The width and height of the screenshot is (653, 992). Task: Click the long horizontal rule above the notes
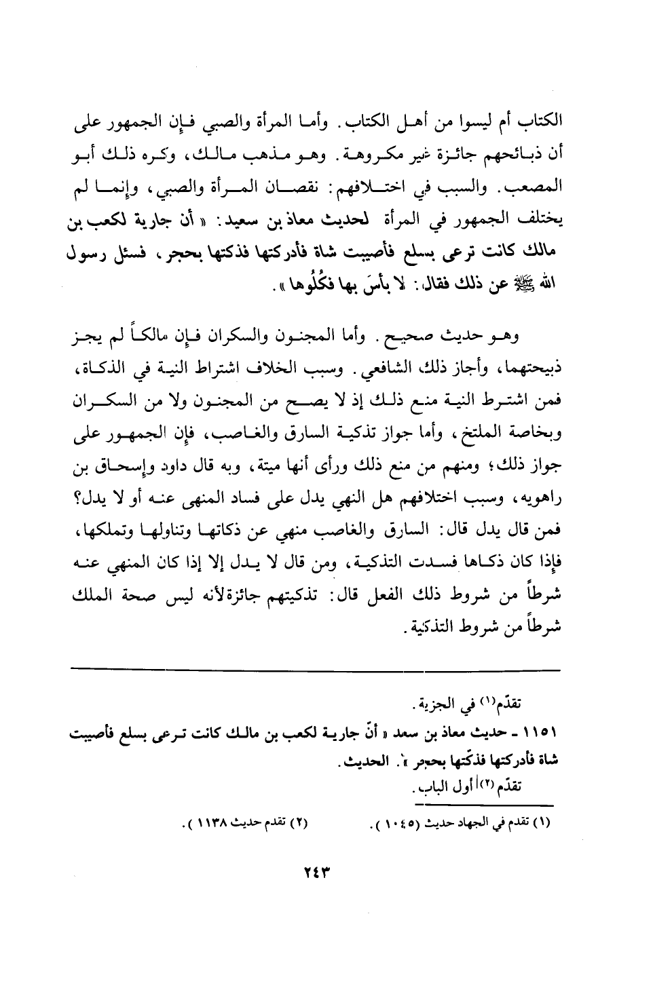(316, 670)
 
